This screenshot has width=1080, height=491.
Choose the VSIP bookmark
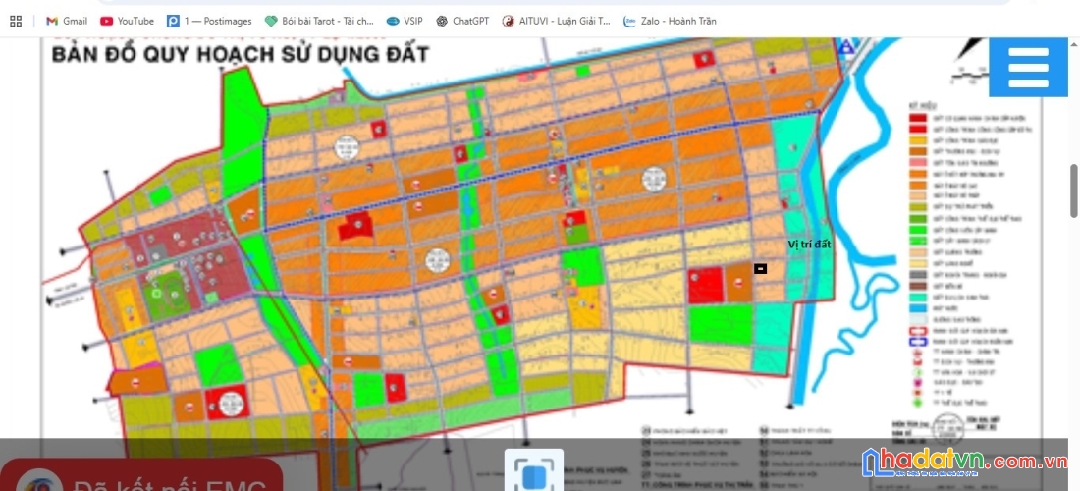(405, 21)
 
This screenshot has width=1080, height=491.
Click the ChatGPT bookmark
(462, 21)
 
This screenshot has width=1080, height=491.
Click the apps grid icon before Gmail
(16, 21)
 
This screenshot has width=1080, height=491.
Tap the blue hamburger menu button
(1028, 68)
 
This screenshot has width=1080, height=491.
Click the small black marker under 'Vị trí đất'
(760, 268)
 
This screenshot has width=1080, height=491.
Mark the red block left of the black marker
(706, 286)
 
